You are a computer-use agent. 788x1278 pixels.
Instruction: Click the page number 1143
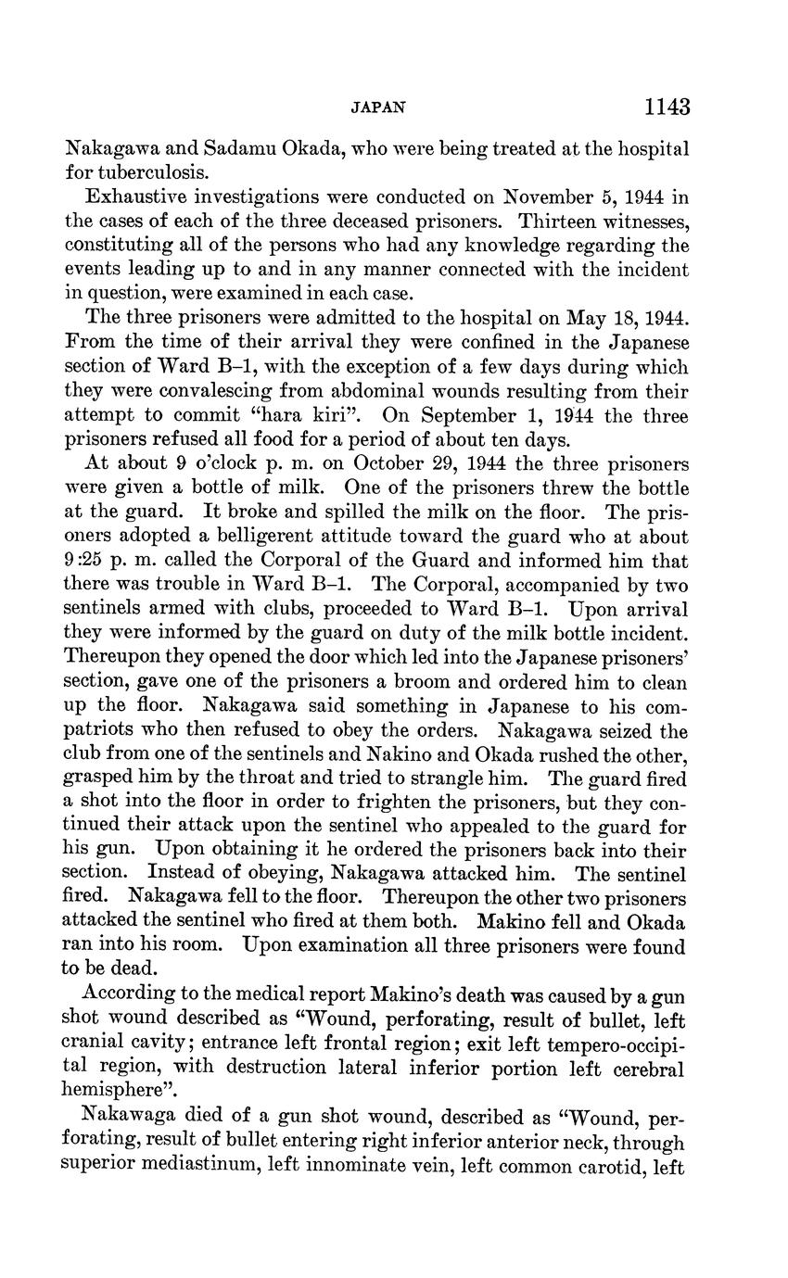(x=667, y=108)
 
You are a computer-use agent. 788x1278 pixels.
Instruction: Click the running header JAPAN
(x=378, y=108)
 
